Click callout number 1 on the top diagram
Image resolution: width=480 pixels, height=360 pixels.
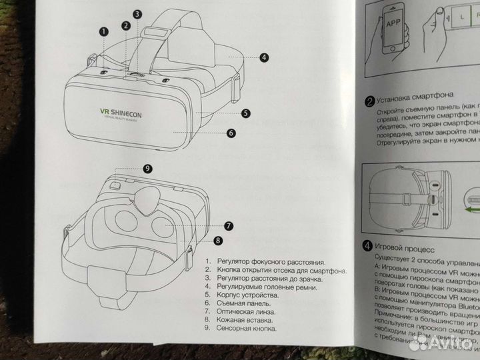104,30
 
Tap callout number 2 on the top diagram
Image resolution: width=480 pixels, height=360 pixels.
125,25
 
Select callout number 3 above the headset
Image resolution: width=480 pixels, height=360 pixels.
137,13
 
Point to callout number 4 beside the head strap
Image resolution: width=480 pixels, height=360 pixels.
264,57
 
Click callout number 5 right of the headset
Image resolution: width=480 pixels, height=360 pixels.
246,113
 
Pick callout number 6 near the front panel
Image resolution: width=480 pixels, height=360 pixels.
231,133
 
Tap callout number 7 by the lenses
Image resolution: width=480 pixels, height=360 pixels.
228,226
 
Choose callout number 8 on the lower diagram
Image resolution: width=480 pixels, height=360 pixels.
217,240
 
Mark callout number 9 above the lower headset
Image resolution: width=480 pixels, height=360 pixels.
148,169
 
